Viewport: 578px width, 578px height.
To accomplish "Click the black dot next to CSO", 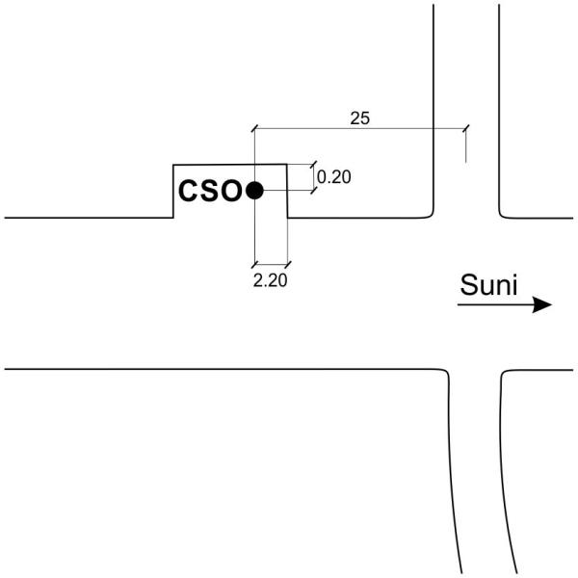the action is tap(254, 190).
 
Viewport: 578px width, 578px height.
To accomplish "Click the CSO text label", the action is tap(210, 191).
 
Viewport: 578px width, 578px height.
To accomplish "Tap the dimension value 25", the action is tap(359, 118).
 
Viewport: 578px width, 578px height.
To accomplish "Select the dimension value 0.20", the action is tap(334, 177).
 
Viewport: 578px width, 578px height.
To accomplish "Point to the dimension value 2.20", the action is tap(270, 280).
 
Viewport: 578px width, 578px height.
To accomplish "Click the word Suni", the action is tap(488, 284).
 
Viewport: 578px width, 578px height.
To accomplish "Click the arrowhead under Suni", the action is tap(541, 304).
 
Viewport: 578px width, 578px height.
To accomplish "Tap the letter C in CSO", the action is tap(189, 191).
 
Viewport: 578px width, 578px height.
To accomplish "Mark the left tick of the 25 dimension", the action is tap(254, 128).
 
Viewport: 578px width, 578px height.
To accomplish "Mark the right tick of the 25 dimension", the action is tap(466, 129).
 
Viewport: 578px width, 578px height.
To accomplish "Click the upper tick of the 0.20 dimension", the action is tap(313, 165).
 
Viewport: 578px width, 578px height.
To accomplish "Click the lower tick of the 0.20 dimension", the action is tap(313, 190).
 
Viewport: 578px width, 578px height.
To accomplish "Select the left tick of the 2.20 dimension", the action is tap(254, 264).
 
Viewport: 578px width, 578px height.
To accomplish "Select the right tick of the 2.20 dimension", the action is tap(287, 264).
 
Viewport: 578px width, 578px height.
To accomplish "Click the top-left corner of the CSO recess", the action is tap(173, 165).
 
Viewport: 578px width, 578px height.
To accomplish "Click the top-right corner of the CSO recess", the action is tap(287, 164).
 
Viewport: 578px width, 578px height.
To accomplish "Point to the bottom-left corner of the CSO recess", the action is tap(173, 218).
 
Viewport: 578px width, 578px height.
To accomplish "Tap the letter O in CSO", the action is tap(231, 191).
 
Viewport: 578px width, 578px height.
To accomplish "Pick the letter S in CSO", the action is tap(210, 191).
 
